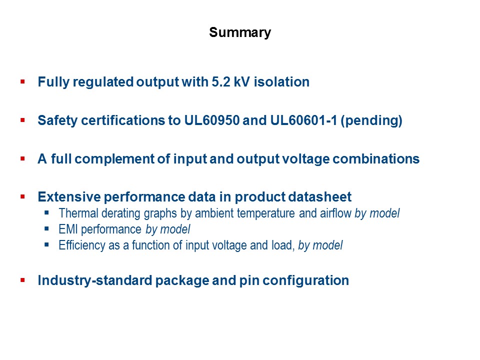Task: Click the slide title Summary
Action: click(x=240, y=33)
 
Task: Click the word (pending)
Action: click(x=371, y=121)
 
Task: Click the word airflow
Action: click(x=336, y=213)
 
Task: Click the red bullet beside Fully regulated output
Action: click(x=22, y=81)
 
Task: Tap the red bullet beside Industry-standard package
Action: click(x=22, y=279)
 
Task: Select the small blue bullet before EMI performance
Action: click(x=47, y=229)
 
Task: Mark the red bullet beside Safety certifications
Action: click(x=22, y=120)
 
